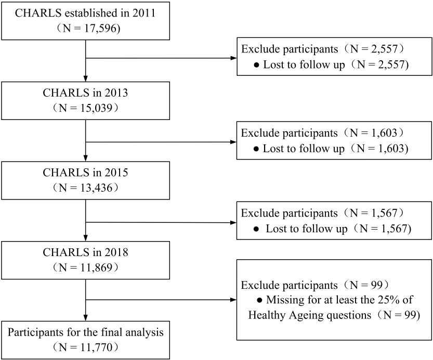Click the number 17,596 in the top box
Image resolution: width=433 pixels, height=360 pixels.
point(100,29)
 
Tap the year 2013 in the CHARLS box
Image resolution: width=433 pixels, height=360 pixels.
point(116,93)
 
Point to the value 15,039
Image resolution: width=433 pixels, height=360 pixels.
point(97,108)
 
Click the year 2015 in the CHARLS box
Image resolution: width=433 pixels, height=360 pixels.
point(116,172)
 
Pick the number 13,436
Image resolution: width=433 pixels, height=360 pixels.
point(97,188)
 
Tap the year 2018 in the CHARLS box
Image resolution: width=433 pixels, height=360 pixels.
point(116,252)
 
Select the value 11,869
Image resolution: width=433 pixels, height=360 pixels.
point(97,268)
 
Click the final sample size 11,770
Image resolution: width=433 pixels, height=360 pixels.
point(97,348)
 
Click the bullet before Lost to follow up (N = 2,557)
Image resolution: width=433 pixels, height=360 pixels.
point(257,65)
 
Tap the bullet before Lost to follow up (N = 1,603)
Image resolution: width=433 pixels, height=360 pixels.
point(256,149)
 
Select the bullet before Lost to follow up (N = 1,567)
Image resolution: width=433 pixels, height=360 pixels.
point(256,229)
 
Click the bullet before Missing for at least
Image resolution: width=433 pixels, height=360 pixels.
point(259,300)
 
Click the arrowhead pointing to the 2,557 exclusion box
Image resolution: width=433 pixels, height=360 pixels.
point(233,58)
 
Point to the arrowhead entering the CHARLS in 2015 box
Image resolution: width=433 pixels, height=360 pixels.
point(86,158)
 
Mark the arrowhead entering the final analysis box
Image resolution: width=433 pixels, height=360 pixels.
point(86,317)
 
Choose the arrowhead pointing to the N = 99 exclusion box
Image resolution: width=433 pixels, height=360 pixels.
point(233,300)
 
